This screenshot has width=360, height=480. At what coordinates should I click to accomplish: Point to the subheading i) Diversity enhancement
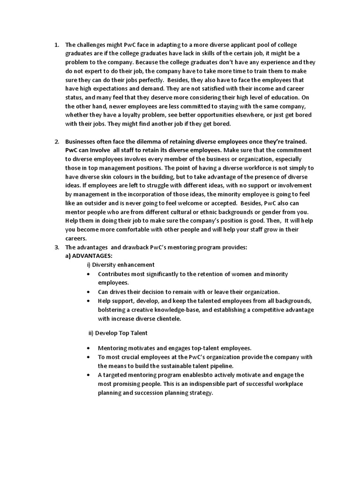pos(121,265)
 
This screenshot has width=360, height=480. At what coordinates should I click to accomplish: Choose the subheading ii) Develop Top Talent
pos(118,333)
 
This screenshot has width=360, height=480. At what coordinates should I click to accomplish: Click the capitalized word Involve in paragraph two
pos(97,150)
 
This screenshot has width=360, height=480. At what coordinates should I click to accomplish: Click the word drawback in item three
pos(142,247)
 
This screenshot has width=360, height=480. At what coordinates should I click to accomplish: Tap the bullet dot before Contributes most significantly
pos(89,274)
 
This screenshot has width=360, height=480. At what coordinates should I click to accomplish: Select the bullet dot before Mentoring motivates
pos(89,348)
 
